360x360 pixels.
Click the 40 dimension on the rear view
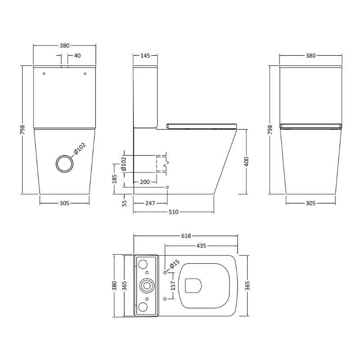[x=77, y=56]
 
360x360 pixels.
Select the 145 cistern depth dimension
[x=145, y=56]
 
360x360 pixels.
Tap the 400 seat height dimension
[x=247, y=162]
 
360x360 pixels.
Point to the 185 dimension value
[x=114, y=179]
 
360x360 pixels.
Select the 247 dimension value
[x=150, y=203]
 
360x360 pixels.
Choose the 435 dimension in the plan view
[x=201, y=246]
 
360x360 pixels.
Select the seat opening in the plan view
[x=193, y=284]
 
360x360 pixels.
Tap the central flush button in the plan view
[x=147, y=285]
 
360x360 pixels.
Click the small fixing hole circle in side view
[x=167, y=187]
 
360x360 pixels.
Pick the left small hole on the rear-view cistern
[x=44, y=73]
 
